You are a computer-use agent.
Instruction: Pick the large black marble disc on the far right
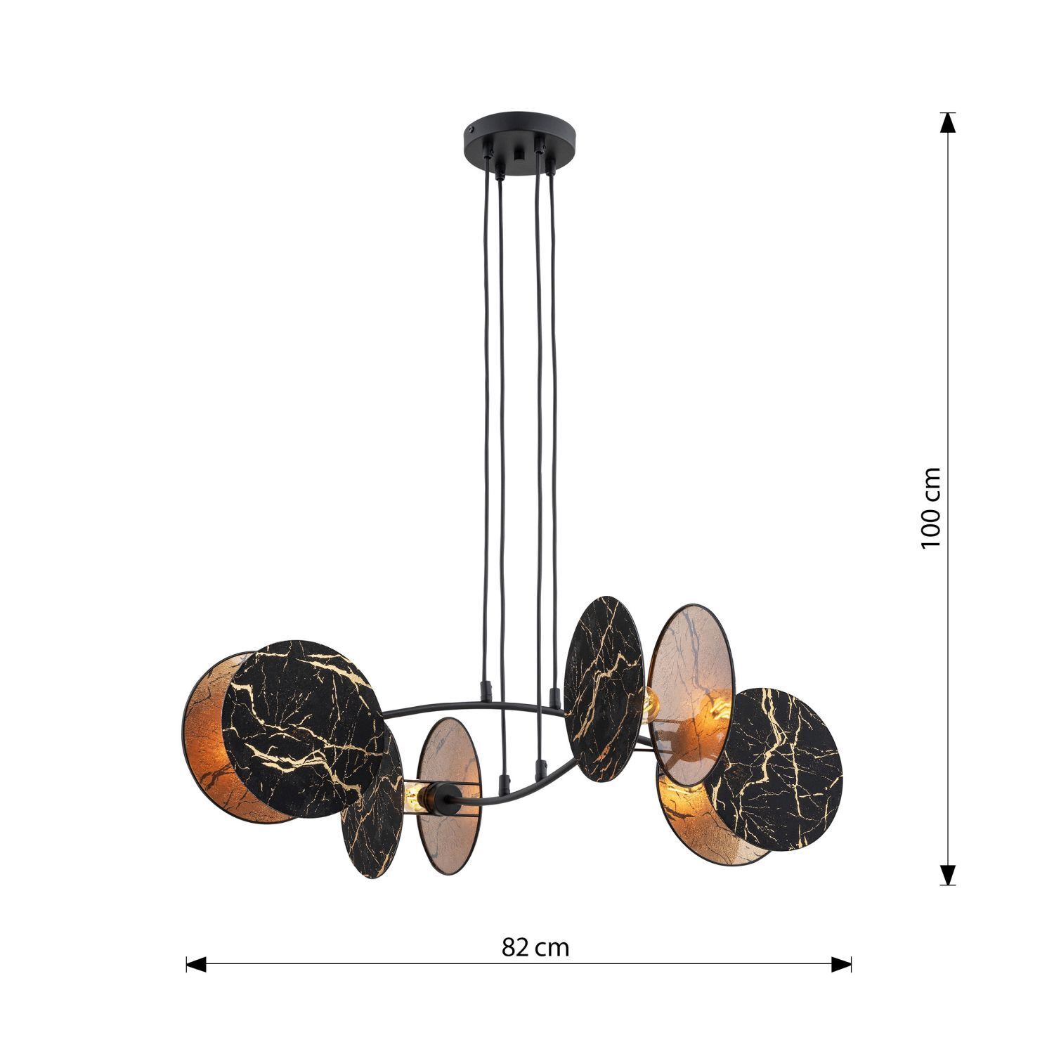tap(780, 766)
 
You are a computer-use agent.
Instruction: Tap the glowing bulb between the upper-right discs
tap(650, 702)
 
